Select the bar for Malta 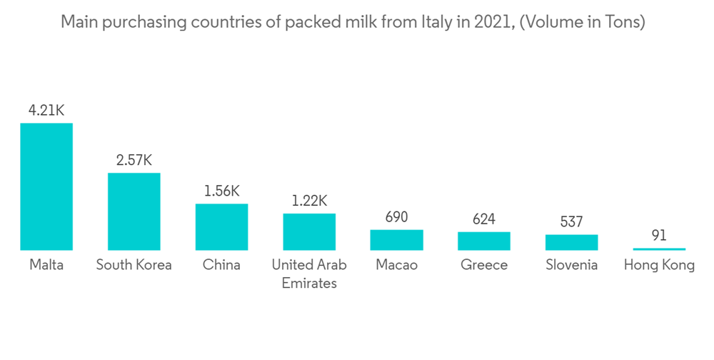point(46,186)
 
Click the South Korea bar point(134,211)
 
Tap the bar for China point(222,227)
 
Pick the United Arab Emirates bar point(309,231)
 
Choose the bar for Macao point(396,240)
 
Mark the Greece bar point(484,241)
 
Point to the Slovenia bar point(571,242)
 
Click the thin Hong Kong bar point(659,249)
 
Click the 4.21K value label point(46,111)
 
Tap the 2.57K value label point(134,160)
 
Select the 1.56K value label point(222,191)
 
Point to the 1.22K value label point(309,201)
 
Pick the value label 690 point(396,217)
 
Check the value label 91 point(659,235)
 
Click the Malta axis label point(46,265)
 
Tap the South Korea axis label point(134,265)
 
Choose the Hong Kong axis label point(659,265)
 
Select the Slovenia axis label point(571,265)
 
